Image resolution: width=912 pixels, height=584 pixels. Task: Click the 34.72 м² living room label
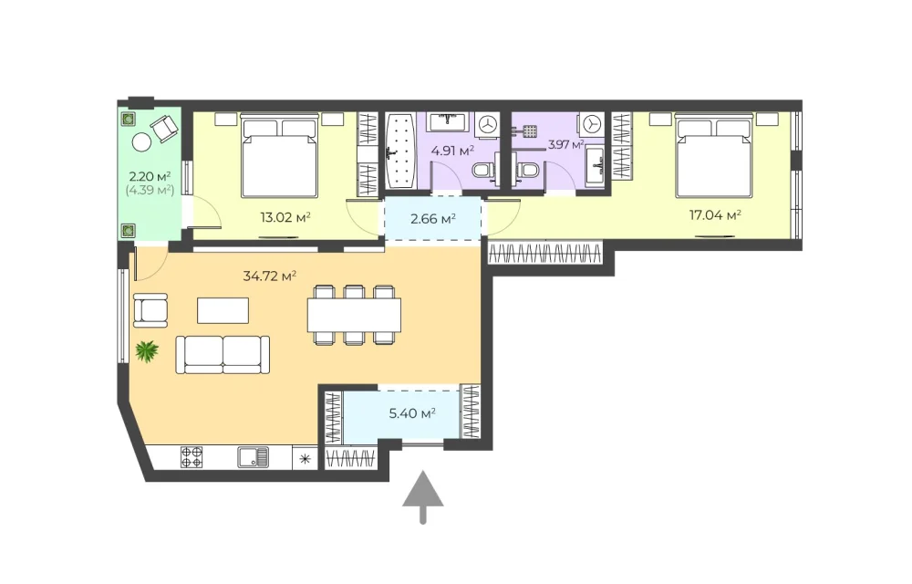269,276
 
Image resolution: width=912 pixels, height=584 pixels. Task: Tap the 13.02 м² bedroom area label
285,217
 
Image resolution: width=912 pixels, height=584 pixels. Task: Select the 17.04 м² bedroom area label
715,215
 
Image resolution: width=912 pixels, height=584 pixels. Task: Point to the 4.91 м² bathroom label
452,151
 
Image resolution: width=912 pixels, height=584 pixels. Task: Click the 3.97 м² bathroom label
565,144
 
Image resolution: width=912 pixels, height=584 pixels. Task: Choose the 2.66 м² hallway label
432,219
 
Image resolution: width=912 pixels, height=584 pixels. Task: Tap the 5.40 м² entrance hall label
412,413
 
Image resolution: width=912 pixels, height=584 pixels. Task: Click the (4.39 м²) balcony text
150,190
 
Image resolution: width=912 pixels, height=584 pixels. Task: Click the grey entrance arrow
423,497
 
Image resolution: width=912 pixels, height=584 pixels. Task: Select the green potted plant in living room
147,351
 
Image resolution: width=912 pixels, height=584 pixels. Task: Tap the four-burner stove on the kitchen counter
192,457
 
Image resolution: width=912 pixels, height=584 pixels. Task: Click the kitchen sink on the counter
253,457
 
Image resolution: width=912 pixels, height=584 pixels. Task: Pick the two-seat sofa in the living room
223,354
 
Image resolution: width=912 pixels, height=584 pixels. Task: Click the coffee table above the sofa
223,310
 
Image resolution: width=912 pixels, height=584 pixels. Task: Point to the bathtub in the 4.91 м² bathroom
400,151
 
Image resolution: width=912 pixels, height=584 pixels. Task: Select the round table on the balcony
141,142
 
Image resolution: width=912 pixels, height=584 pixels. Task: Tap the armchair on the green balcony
164,128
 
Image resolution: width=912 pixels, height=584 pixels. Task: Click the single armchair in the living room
150,310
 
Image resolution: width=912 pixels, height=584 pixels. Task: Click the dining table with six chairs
354,315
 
